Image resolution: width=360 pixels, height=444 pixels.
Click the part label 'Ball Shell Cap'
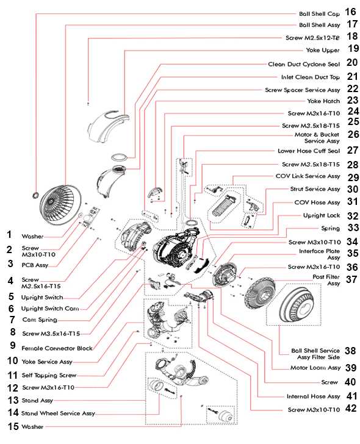pyautogui.click(x=319, y=13)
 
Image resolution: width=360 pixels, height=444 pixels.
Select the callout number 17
pyautogui.click(x=351, y=24)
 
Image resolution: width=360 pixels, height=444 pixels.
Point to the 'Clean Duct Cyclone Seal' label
pyautogui.click(x=304, y=63)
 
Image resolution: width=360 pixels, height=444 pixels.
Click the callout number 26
pyautogui.click(x=353, y=134)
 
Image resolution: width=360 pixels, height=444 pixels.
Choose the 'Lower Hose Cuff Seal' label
pyautogui.click(x=308, y=150)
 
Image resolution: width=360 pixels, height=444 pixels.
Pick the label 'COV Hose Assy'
pyautogui.click(x=317, y=202)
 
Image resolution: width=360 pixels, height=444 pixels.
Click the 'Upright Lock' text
pyautogui.click(x=322, y=215)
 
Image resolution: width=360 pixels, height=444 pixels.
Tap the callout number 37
pyautogui.click(x=351, y=279)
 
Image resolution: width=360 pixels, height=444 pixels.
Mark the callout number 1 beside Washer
pyautogui.click(x=9, y=234)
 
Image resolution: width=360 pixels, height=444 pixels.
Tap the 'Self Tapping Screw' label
pyautogui.click(x=49, y=375)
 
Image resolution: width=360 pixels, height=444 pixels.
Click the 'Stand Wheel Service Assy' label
pyautogui.click(x=58, y=413)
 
